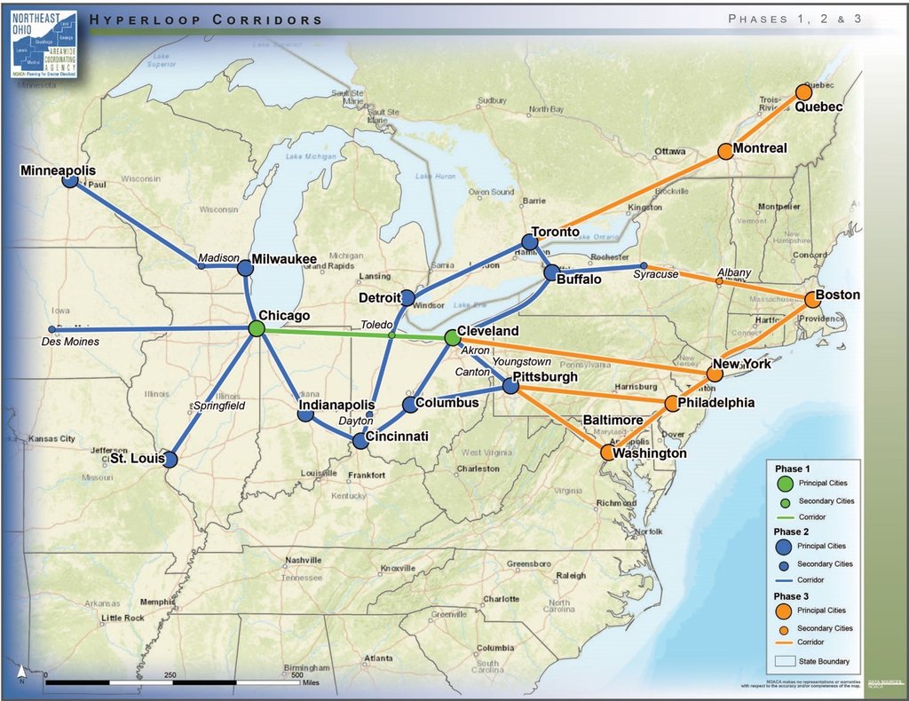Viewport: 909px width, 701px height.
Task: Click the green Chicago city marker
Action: (x=257, y=328)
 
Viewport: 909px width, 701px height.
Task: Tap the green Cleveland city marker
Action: (x=452, y=337)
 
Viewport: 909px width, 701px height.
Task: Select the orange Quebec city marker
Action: (x=803, y=92)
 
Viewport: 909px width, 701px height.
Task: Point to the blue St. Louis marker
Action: (x=169, y=460)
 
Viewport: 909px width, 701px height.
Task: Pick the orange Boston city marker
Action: (x=811, y=300)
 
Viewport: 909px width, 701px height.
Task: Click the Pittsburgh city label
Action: (x=545, y=376)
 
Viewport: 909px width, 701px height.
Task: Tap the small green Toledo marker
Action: (x=391, y=335)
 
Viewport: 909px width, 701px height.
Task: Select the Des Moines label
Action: (x=70, y=342)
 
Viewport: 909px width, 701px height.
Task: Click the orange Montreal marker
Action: (x=725, y=151)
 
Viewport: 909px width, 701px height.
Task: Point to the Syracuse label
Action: (x=656, y=275)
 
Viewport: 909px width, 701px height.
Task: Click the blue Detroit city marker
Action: (x=407, y=297)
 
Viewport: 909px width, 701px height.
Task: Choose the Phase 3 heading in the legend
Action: (x=791, y=595)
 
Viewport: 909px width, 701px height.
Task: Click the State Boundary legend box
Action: (x=784, y=661)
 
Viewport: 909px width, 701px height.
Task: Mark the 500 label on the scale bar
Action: (x=296, y=674)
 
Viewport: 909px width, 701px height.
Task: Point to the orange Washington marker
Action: (x=607, y=453)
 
